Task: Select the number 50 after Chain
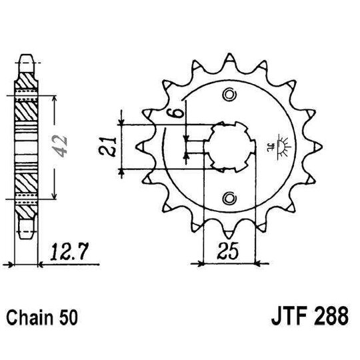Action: [x=70, y=318]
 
